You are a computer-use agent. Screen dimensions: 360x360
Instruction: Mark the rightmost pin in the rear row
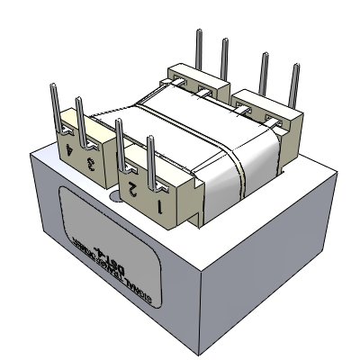[x=294, y=85]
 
